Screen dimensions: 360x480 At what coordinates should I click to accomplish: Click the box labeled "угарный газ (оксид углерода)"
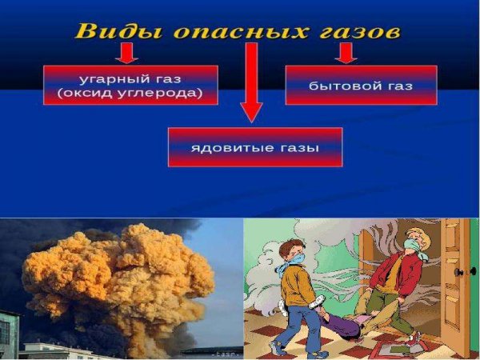coord(130,85)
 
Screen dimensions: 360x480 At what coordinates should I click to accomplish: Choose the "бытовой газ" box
coord(361,84)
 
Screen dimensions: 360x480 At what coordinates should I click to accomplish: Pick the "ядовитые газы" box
coord(254,147)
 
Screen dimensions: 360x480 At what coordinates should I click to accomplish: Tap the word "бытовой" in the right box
coord(338,84)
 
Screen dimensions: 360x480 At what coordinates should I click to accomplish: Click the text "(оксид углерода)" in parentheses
coord(130,93)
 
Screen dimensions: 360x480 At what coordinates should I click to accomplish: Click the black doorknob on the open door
coord(460,272)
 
